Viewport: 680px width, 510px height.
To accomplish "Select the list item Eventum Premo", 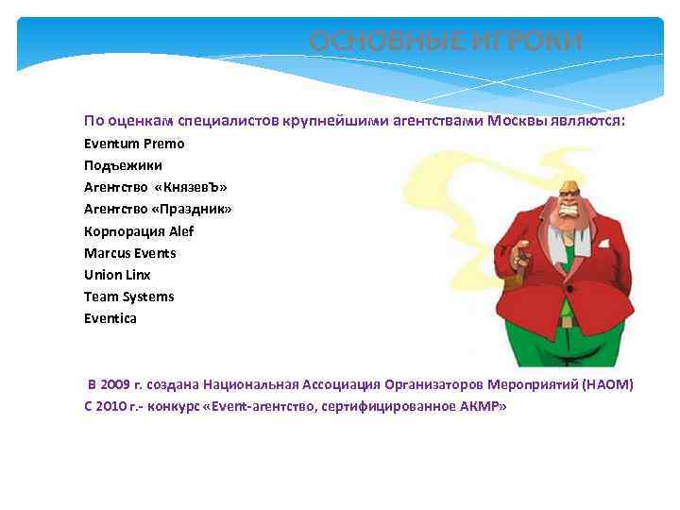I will click(134, 144).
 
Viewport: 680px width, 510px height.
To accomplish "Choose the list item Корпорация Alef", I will click(139, 231).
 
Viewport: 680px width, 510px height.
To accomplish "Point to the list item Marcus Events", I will click(129, 253).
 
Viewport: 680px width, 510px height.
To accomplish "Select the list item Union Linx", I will click(117, 275).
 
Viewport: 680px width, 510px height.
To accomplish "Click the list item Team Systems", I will click(128, 297).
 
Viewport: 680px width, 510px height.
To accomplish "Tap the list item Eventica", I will click(110, 318).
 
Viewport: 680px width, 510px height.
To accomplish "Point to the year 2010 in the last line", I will click(110, 406).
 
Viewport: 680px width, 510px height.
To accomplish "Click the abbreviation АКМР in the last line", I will click(482, 406).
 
